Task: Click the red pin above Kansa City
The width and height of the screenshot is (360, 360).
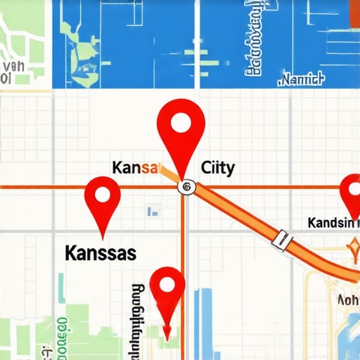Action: click(181, 130)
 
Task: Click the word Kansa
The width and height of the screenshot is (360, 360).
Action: click(136, 168)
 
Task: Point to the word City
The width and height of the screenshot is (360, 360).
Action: click(218, 168)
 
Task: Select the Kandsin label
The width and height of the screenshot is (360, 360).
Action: click(333, 223)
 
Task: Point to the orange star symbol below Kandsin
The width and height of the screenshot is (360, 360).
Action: click(353, 247)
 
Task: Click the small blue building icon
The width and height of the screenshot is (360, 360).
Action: click(153, 210)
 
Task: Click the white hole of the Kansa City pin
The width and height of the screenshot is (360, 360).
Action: click(181, 124)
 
